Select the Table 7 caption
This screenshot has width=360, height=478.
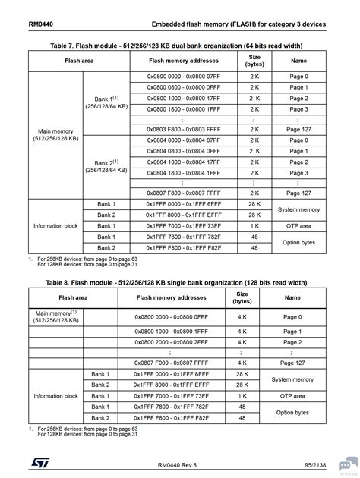[x=179, y=44]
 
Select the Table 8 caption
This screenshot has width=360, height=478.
[x=179, y=283]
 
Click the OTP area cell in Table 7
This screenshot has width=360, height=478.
[x=297, y=226]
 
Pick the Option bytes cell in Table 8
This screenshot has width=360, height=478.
[x=292, y=412]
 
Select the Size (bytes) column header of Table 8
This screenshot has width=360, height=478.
[x=242, y=297]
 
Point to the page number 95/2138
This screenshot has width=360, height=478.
[x=314, y=464]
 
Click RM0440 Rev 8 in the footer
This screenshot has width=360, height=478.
[x=179, y=464]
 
